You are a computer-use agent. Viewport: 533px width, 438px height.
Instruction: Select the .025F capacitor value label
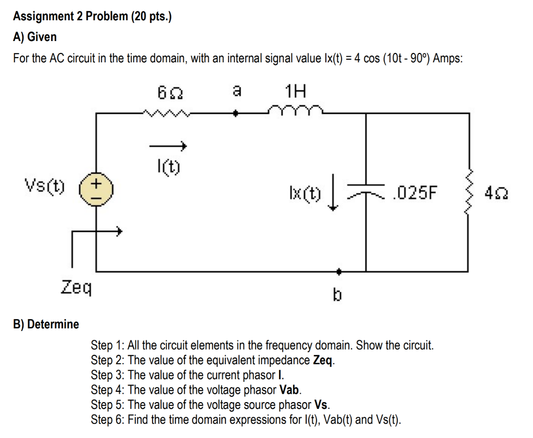[416, 194]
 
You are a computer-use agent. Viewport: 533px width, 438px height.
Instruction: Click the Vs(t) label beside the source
[45, 185]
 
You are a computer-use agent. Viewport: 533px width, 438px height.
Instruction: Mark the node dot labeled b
[338, 271]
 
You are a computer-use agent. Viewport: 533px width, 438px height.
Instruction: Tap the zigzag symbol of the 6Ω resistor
[167, 112]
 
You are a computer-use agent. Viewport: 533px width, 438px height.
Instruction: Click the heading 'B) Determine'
[46, 325]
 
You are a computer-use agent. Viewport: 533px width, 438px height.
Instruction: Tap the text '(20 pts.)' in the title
[150, 17]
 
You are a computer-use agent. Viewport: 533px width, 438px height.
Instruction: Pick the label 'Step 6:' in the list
[108, 419]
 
